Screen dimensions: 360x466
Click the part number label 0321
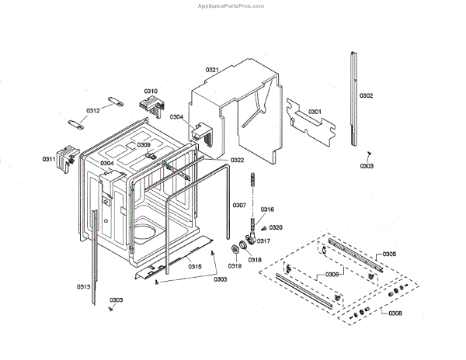pyautogui.click(x=211, y=71)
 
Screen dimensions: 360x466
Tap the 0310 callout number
pyautogui.click(x=150, y=92)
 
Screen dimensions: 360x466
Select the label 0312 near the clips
pyautogui.click(x=93, y=110)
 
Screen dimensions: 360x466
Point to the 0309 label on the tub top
pyautogui.click(x=144, y=145)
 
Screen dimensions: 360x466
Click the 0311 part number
pyautogui.click(x=49, y=159)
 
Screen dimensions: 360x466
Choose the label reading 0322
pyautogui.click(x=237, y=160)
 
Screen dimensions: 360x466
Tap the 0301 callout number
pyautogui.click(x=315, y=112)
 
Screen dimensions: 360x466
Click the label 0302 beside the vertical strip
pyautogui.click(x=367, y=95)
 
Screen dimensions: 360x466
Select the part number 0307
pyautogui.click(x=239, y=205)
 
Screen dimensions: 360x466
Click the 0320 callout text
pyautogui.click(x=276, y=227)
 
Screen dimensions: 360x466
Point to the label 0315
pyautogui.click(x=195, y=266)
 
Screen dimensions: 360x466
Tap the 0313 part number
pyautogui.click(x=84, y=286)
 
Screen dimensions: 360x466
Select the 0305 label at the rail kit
pyautogui.click(x=389, y=254)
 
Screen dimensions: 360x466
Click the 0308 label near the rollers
pyautogui.click(x=395, y=313)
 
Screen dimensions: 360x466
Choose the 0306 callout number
pyautogui.click(x=332, y=274)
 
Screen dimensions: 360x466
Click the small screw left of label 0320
pyautogui.click(x=263, y=228)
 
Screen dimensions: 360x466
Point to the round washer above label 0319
pyautogui.click(x=235, y=249)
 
